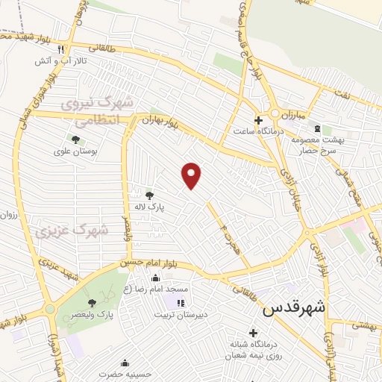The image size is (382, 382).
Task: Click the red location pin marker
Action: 192,175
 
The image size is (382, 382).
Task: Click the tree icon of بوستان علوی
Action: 75,139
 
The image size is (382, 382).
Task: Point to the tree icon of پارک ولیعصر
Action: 92,303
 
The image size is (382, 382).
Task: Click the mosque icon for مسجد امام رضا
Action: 155,278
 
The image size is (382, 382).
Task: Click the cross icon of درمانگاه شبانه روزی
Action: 253,333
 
